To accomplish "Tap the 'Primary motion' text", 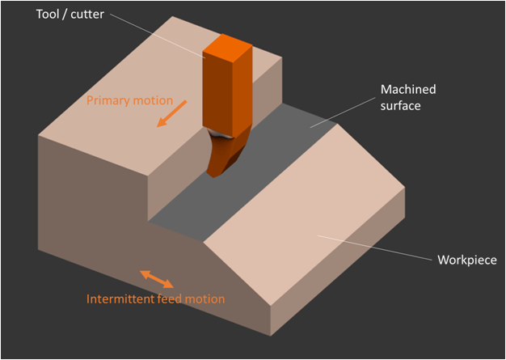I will tap(129, 100).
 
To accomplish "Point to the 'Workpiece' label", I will tap(466, 260).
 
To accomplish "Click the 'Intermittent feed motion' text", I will tap(155, 299).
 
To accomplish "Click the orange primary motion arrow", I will tap(172, 113).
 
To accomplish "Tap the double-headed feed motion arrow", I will tap(157, 279).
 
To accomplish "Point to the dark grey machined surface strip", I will tap(242, 194).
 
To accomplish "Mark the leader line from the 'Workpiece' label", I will tap(372, 248).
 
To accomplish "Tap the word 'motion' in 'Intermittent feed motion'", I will tap(205, 299).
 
